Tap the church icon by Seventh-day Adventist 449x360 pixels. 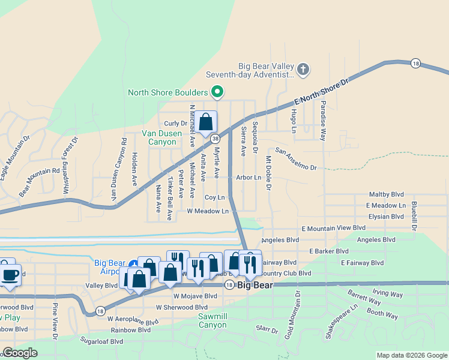coord(303,70)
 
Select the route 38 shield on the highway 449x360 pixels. coord(215,139)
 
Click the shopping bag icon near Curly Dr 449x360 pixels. coord(205,122)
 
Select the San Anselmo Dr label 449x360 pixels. coord(295,159)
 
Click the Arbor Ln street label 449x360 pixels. coord(249,178)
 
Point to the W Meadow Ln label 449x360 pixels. coord(208,211)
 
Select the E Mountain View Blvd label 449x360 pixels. coord(333,228)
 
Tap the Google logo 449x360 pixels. coord(20,353)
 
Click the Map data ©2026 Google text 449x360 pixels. coord(411,355)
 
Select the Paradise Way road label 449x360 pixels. coord(323,121)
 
